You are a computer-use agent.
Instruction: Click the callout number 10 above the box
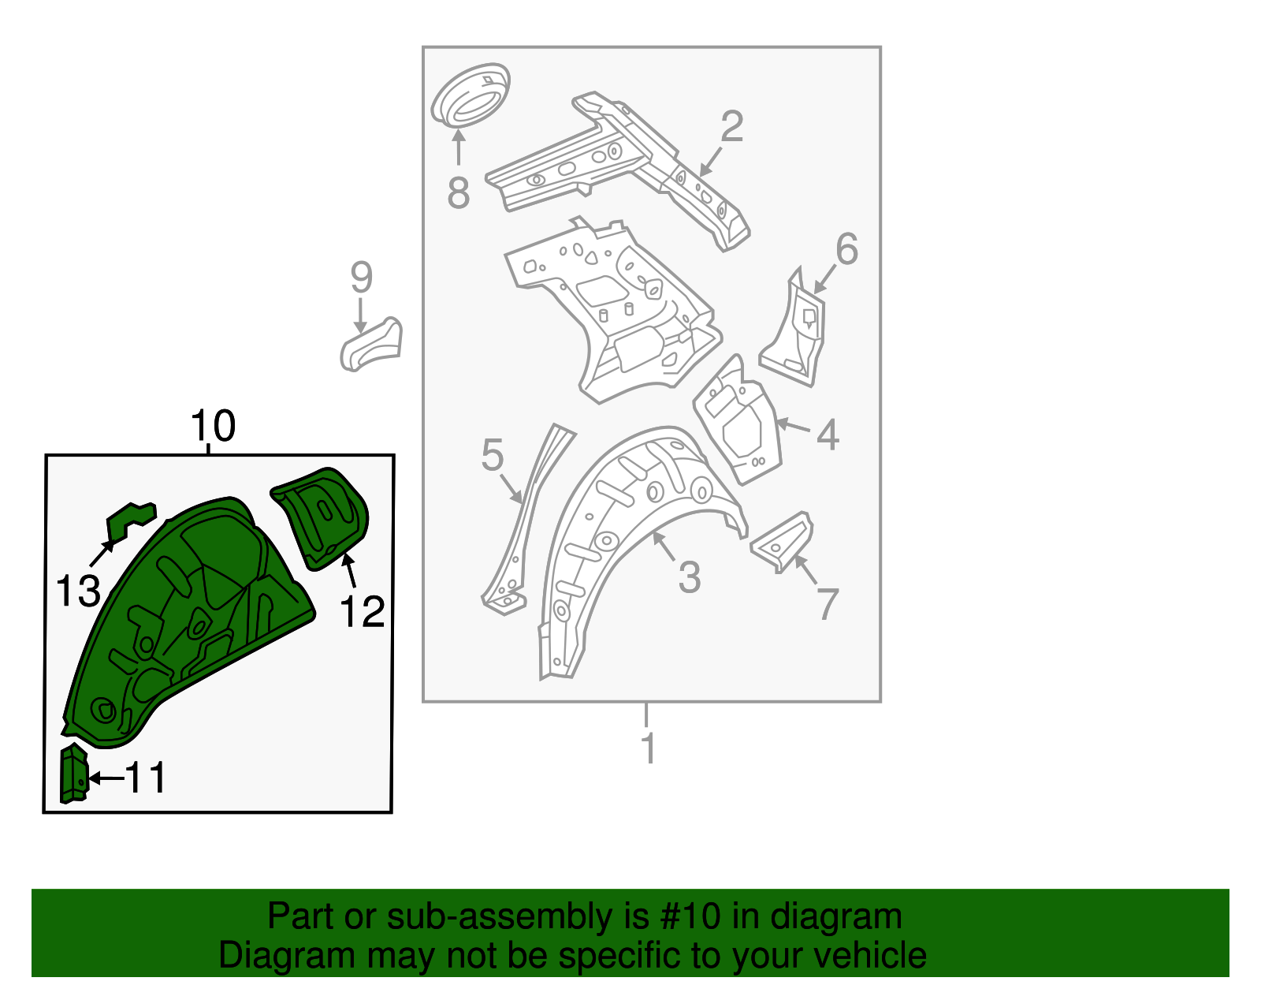click(x=213, y=427)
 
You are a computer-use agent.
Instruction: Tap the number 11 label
click(x=147, y=778)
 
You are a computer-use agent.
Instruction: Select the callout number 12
click(x=363, y=612)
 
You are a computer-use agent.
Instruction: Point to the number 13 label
click(x=78, y=591)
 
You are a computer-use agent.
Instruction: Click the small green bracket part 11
click(x=73, y=774)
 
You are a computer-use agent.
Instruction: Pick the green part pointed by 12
click(x=323, y=514)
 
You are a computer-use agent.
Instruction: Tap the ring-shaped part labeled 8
click(x=471, y=95)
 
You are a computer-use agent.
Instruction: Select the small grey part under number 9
click(x=370, y=345)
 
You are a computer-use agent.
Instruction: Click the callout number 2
click(x=731, y=127)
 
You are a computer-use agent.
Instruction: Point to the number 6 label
click(x=846, y=249)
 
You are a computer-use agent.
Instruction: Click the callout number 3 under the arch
click(x=689, y=578)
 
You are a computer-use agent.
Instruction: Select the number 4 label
click(x=827, y=435)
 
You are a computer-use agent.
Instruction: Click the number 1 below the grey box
click(x=648, y=748)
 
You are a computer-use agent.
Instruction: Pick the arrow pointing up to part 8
click(x=458, y=148)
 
